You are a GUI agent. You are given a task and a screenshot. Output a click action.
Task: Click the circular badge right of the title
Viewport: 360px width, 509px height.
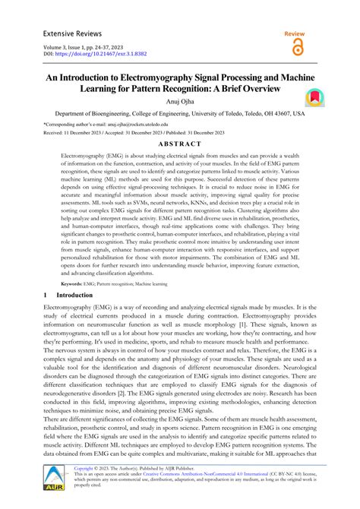pyautogui.click(x=314, y=97)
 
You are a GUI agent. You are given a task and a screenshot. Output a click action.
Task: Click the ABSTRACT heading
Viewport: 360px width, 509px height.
pyautogui.click(x=180, y=144)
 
